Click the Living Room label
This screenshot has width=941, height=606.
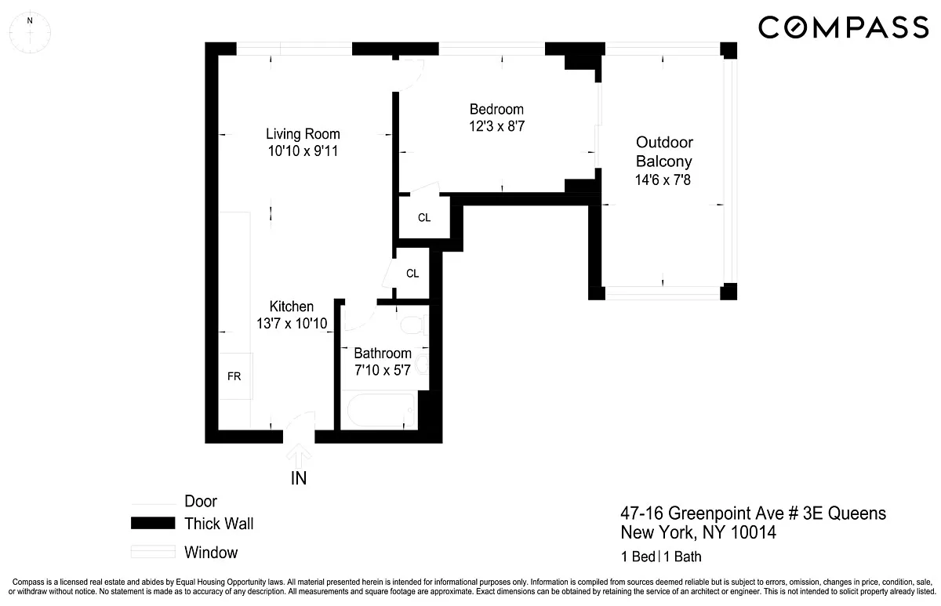point(303,134)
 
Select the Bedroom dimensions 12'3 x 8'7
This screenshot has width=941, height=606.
point(497,126)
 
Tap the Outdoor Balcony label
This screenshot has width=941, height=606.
point(664,151)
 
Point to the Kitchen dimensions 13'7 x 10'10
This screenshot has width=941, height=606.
point(292,323)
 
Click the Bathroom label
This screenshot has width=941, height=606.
point(383,354)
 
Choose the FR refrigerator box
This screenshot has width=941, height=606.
point(235,376)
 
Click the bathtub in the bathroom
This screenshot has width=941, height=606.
point(381,410)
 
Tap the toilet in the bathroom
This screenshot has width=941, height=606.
point(415,325)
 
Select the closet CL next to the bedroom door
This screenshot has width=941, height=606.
point(424,217)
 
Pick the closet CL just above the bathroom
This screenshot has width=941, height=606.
point(412,274)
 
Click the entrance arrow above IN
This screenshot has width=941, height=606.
point(299,455)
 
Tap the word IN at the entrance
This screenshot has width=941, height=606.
point(299,478)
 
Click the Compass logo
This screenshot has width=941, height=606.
point(843,27)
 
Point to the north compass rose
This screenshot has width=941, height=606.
point(30,32)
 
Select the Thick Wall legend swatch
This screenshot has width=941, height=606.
point(153,523)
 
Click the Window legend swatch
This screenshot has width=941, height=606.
point(153,551)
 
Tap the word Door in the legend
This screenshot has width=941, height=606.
point(201,501)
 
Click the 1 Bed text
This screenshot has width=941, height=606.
point(638,557)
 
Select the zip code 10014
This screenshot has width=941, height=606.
point(754,532)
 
